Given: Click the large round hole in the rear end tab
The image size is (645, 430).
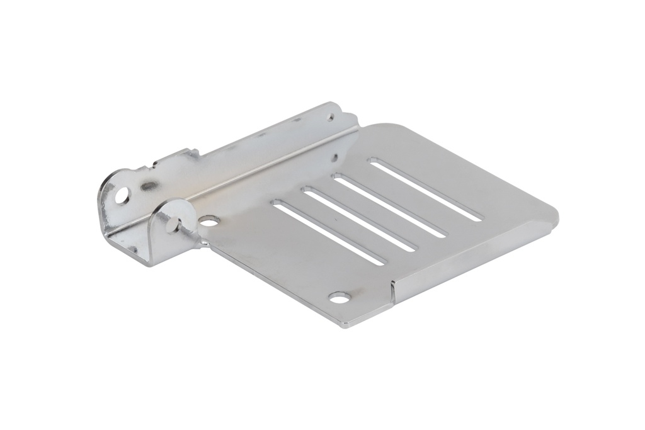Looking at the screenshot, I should point(122,195).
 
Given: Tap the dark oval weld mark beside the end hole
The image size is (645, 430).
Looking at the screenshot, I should point(149,186).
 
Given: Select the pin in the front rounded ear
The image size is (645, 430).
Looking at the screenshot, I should point(173,222).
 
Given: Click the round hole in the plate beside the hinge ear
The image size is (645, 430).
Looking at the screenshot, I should point(209,221).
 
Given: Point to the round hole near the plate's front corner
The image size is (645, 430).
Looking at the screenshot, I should point(339,297).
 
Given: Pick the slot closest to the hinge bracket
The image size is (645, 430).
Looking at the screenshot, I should point(328,232).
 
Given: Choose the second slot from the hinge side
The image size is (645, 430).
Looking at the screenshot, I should point(359,219).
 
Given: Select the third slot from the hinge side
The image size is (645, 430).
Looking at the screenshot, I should point(389,206).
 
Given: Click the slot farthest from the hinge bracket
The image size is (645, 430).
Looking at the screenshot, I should point(425,190).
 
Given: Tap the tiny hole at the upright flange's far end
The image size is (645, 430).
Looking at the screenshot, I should point(329,116).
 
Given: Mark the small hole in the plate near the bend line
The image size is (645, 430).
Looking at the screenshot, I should point(334,157).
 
